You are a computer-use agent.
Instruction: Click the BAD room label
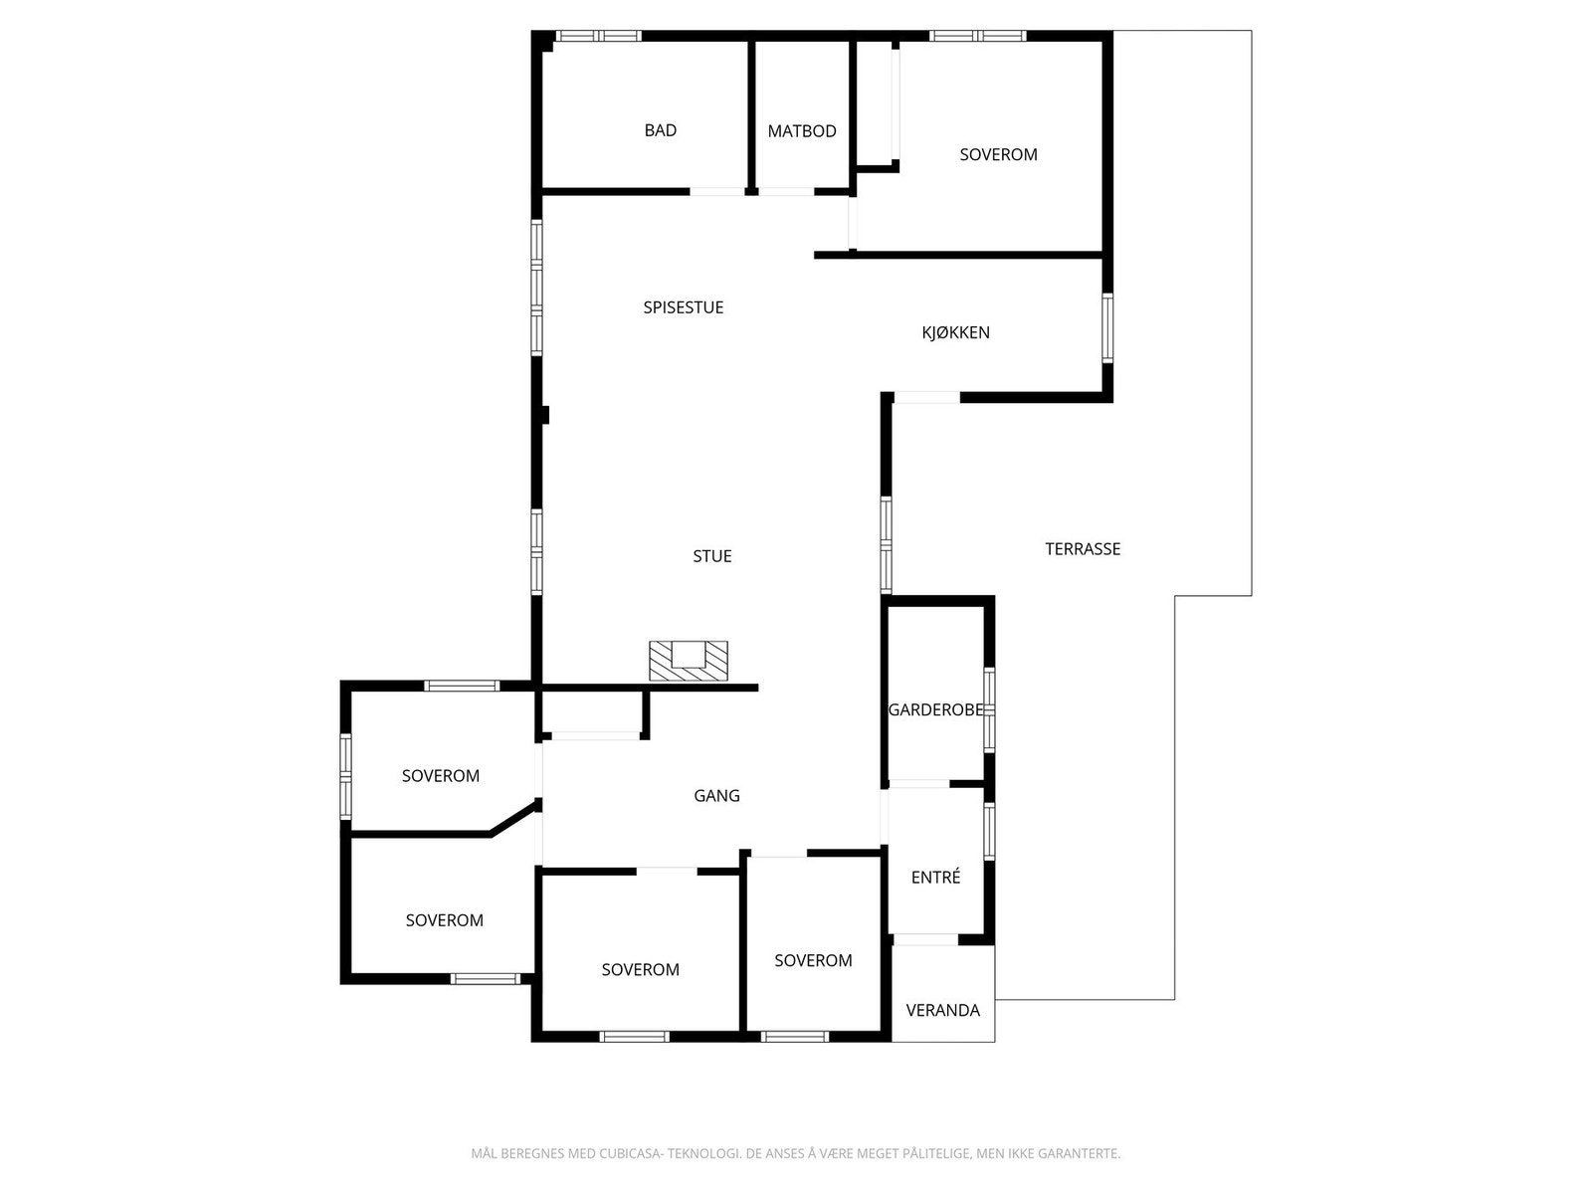[660, 130]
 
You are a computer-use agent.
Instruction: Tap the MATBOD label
[801, 131]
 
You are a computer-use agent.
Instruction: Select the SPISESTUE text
[683, 307]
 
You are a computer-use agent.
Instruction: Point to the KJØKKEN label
[955, 332]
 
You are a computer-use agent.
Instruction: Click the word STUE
[711, 556]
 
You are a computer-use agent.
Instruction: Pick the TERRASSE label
[1083, 548]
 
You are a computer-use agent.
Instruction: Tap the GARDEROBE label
[934, 709]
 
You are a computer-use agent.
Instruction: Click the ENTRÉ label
[935, 878]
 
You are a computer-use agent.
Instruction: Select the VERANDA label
[942, 1010]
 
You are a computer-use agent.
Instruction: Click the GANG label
[716, 795]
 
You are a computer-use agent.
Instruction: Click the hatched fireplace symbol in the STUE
[689, 661]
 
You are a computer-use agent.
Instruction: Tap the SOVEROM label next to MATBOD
[998, 154]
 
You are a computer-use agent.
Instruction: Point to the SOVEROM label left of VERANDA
[813, 960]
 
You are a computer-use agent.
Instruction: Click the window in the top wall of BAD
[598, 36]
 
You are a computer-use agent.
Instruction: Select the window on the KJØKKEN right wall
[1107, 326]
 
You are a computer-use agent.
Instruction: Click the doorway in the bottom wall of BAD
[716, 190]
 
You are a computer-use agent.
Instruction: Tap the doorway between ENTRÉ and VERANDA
[925, 939]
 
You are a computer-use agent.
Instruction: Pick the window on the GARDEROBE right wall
[989, 708]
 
